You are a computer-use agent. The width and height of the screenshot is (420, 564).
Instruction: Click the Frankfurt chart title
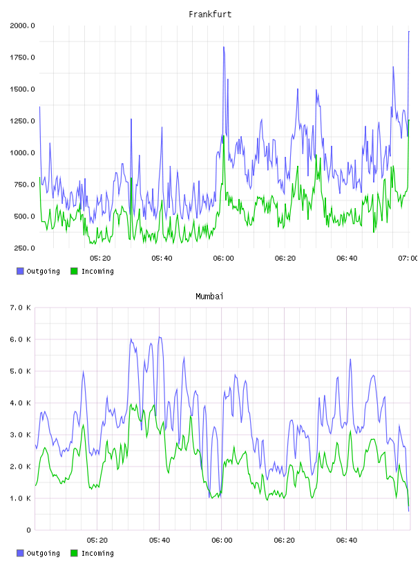[x=210, y=15]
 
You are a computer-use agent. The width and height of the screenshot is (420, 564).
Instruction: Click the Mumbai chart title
[x=209, y=297]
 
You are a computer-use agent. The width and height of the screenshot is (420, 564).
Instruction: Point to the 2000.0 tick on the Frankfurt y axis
[x=22, y=26]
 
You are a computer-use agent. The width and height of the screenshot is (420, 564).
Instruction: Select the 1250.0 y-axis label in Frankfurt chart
[x=22, y=121]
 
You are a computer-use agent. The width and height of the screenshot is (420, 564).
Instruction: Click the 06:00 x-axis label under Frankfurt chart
[x=223, y=258]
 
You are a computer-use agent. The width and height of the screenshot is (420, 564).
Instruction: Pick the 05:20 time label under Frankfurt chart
[x=100, y=258]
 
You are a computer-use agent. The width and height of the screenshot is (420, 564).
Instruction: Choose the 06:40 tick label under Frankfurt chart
[x=347, y=258]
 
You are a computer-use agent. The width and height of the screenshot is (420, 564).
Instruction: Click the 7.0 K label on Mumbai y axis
[x=21, y=308]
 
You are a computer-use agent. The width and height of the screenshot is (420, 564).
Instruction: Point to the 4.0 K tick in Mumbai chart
[x=21, y=403]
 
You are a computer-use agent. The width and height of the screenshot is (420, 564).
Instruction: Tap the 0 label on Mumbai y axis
[x=29, y=530]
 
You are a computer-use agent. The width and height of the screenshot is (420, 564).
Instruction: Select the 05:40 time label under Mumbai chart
[x=160, y=540]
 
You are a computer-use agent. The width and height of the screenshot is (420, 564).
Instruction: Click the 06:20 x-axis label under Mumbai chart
[x=284, y=540]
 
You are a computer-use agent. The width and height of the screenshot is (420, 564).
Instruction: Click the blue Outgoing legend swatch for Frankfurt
[x=20, y=271]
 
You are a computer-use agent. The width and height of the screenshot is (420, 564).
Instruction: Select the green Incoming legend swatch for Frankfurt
[x=74, y=271]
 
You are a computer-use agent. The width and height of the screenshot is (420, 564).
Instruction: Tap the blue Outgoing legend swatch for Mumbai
[x=20, y=553]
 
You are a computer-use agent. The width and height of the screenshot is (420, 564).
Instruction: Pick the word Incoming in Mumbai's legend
[x=97, y=554]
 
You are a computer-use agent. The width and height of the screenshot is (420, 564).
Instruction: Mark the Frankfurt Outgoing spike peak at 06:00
[x=224, y=47]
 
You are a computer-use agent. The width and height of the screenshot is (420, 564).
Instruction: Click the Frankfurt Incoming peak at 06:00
[x=224, y=136]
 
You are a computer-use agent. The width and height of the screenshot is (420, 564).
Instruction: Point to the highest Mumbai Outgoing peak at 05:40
[x=160, y=337]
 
